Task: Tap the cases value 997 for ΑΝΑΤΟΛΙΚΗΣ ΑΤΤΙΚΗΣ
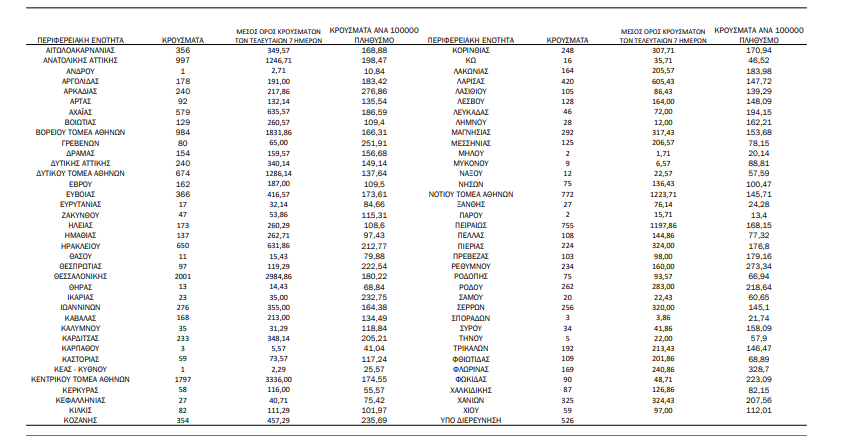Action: click(183, 60)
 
